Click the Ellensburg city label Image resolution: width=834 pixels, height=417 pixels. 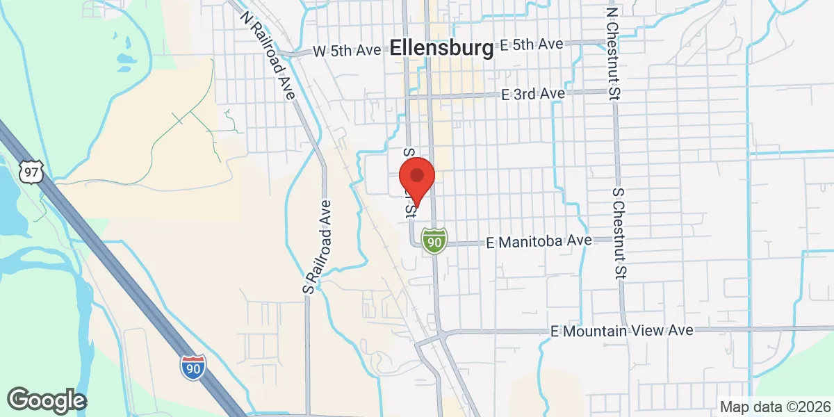click(x=441, y=48)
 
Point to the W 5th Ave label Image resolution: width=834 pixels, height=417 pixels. click(x=346, y=51)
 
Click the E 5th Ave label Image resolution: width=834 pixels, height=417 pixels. click(x=531, y=44)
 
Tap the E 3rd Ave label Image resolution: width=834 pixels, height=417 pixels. click(x=533, y=94)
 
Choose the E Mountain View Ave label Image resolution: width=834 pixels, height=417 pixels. click(x=621, y=331)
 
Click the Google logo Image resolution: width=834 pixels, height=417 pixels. click(x=47, y=400)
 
